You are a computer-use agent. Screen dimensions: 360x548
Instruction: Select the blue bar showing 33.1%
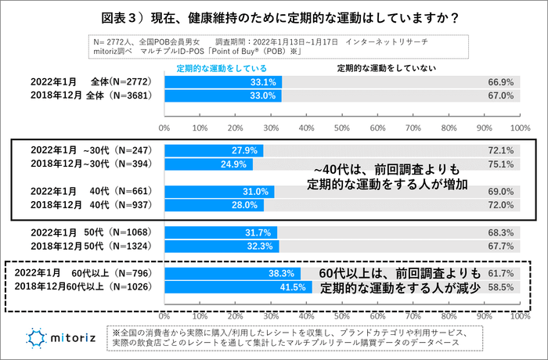point(223,81)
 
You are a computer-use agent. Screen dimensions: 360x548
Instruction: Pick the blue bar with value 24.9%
point(208,164)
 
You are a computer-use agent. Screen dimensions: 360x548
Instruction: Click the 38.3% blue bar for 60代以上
point(233,273)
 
